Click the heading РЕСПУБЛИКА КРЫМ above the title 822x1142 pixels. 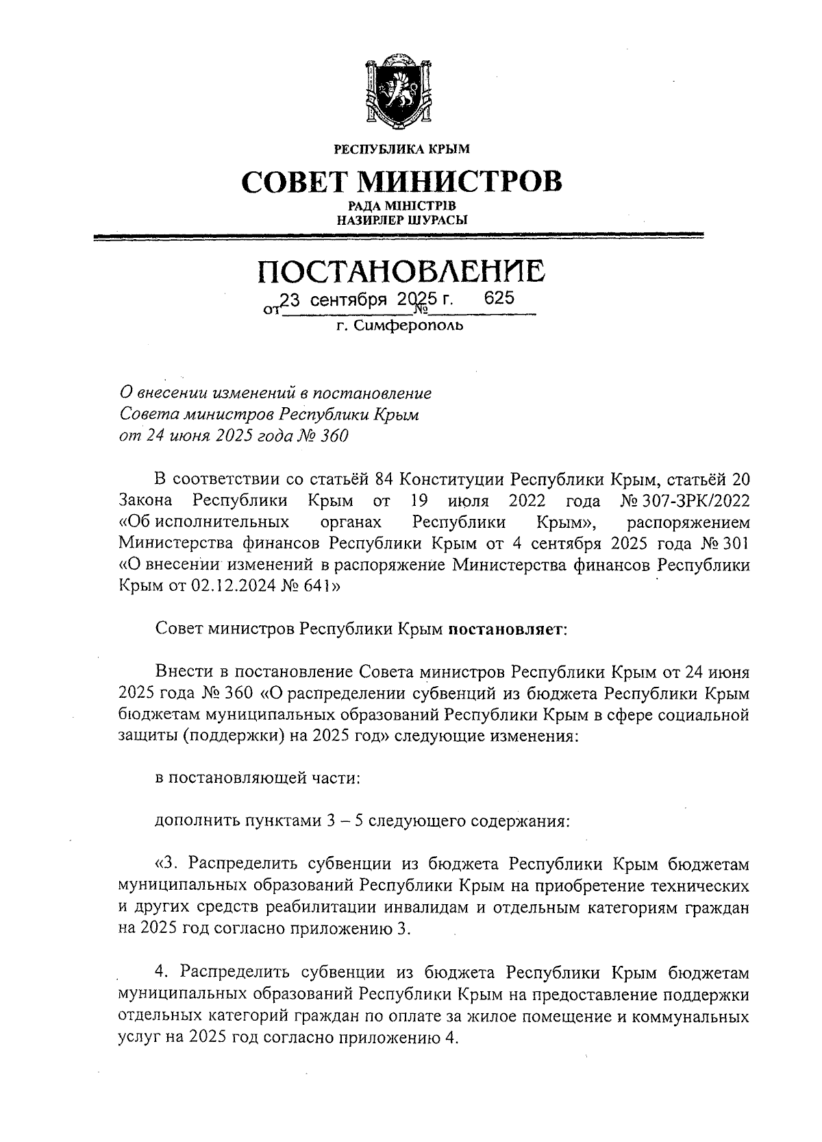coord(401,148)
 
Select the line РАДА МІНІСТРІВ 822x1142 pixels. coord(401,206)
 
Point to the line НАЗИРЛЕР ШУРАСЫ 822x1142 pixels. coord(401,220)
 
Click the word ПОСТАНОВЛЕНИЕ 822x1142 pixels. coord(401,271)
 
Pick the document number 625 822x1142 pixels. coord(499,299)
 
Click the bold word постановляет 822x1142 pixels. coord(506,629)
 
